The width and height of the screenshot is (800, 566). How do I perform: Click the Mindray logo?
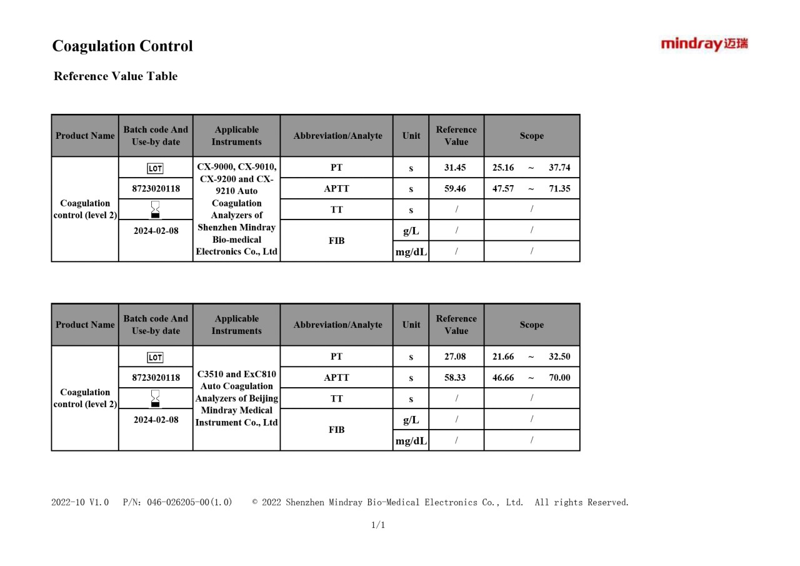pyautogui.click(x=704, y=44)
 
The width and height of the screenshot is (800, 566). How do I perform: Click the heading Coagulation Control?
pyautogui.click(x=122, y=46)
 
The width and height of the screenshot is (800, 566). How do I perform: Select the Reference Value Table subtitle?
pyautogui.click(x=116, y=76)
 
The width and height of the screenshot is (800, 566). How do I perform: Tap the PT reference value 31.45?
pyautogui.click(x=455, y=168)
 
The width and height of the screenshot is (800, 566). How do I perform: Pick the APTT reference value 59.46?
pyautogui.click(x=455, y=188)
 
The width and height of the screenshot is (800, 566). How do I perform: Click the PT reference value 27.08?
pyautogui.click(x=455, y=356)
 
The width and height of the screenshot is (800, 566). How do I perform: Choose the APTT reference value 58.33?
pyautogui.click(x=455, y=378)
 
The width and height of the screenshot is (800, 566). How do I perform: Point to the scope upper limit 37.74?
pyautogui.click(x=559, y=168)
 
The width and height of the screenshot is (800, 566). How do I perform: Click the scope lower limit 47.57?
pyautogui.click(x=503, y=188)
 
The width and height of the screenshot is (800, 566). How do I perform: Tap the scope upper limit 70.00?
pyautogui.click(x=559, y=378)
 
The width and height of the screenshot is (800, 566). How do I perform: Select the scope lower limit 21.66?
pyautogui.click(x=503, y=356)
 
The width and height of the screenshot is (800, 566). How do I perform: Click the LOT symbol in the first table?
pyautogui.click(x=155, y=168)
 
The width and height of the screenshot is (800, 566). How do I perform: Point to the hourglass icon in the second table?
pyautogui.click(x=155, y=398)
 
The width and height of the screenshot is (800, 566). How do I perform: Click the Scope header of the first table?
pyautogui.click(x=531, y=136)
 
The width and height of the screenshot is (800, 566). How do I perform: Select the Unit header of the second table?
pyautogui.click(x=411, y=325)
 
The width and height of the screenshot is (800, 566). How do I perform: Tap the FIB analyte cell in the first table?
pyautogui.click(x=336, y=241)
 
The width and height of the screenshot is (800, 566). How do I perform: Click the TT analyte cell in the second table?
pyautogui.click(x=336, y=398)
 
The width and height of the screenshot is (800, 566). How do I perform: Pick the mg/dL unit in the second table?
pyautogui.click(x=411, y=441)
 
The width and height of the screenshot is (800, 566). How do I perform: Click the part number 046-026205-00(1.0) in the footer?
pyautogui.click(x=189, y=502)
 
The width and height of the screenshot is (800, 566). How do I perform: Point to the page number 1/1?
pyautogui.click(x=378, y=525)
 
